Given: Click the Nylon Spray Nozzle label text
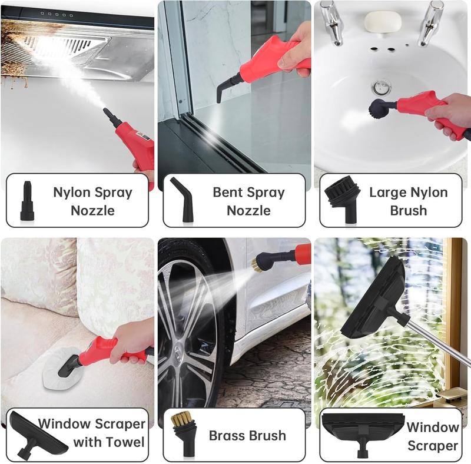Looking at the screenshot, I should click(x=93, y=201).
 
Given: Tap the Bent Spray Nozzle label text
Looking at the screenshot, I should click(x=248, y=201).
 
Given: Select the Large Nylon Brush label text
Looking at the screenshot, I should click(x=408, y=201).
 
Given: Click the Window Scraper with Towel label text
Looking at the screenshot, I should click(x=91, y=432).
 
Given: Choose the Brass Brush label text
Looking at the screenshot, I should click(x=247, y=436).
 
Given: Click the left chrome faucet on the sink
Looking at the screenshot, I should click(x=333, y=21).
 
